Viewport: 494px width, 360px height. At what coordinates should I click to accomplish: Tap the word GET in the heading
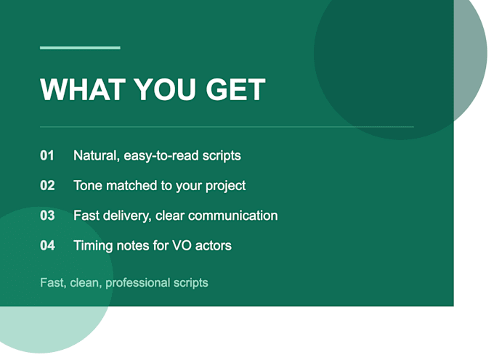[235, 89]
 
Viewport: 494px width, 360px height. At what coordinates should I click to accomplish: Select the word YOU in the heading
[166, 89]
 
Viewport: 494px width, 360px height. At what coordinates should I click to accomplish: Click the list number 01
[47, 155]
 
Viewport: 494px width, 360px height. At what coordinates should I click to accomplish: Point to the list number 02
[47, 185]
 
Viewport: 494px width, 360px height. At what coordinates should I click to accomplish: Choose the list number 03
[47, 216]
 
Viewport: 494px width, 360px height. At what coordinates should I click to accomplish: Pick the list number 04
[47, 245]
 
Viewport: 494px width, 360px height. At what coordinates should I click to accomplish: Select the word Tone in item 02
[88, 186]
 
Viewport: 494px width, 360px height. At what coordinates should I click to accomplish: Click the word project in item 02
[226, 187]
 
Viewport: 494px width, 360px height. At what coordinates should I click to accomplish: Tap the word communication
[233, 216]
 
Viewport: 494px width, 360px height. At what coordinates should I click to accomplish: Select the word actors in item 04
[214, 246]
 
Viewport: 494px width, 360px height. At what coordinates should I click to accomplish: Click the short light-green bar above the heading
[80, 48]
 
